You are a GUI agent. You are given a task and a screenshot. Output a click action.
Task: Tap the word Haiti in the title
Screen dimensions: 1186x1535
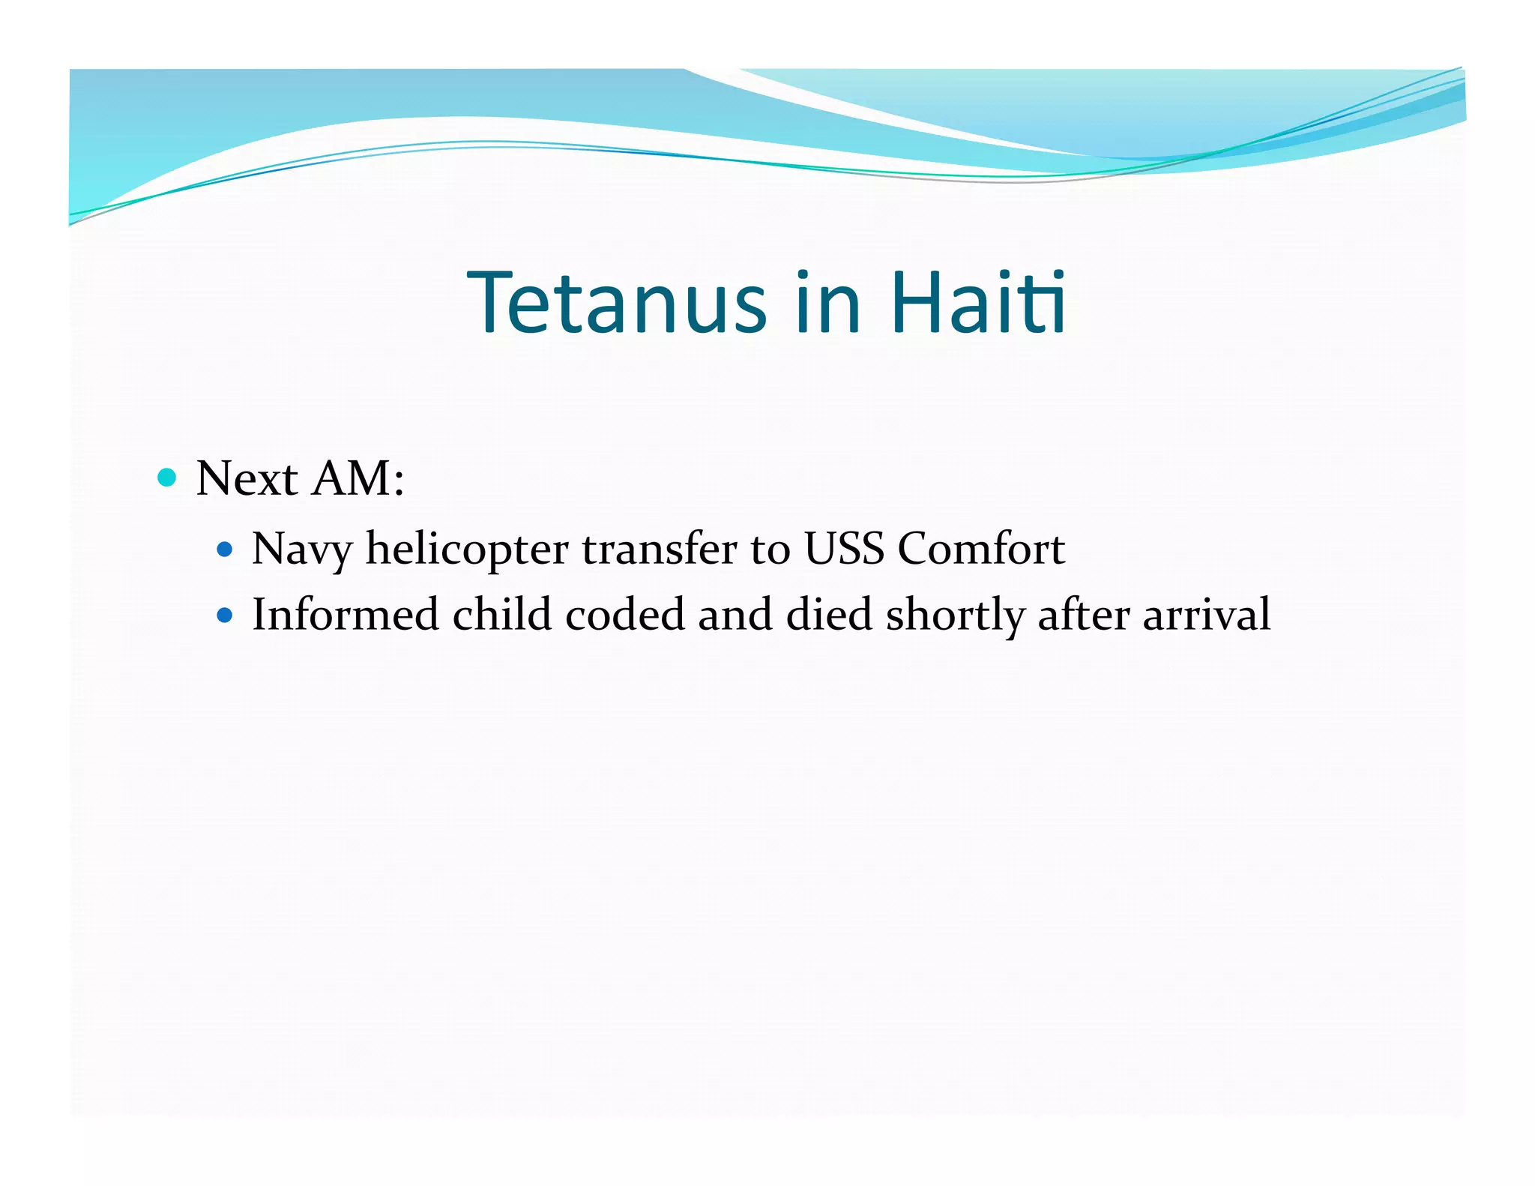coord(978,303)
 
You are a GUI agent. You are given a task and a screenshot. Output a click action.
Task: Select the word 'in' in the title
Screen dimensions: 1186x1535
coord(827,303)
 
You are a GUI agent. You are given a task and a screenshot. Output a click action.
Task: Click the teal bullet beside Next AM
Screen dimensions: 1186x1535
coord(167,478)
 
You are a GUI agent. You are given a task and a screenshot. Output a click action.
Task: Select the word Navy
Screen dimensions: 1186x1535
coord(301,550)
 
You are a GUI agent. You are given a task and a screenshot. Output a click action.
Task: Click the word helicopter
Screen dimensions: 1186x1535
coord(467,550)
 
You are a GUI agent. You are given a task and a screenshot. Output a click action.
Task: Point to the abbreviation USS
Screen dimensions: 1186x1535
coord(844,549)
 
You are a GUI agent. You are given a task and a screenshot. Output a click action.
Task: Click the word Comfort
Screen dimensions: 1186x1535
coord(981,549)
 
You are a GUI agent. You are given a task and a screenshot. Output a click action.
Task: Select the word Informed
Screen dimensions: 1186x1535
coord(345,615)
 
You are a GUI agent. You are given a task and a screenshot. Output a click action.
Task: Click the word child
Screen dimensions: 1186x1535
coord(502,615)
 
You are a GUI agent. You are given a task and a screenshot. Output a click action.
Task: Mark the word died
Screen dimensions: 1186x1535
coord(829,615)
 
